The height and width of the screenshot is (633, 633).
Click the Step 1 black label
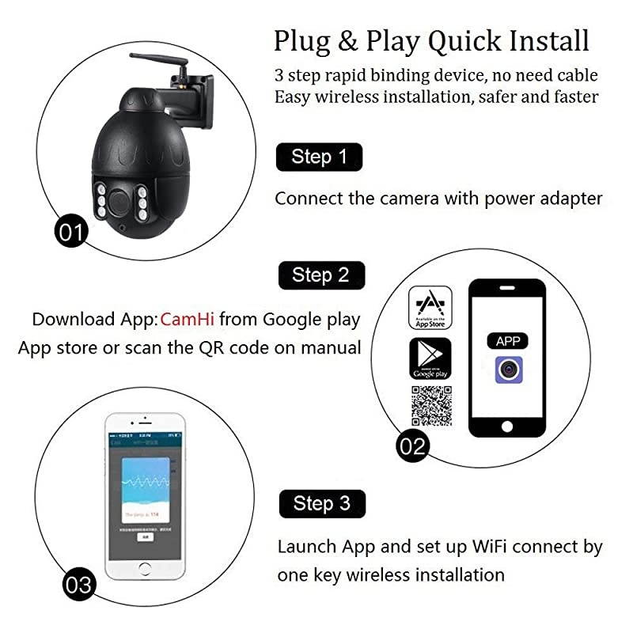(x=319, y=157)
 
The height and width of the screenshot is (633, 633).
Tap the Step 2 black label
(x=320, y=275)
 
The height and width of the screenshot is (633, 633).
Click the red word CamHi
(x=188, y=320)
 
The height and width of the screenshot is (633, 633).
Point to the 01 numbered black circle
(x=71, y=232)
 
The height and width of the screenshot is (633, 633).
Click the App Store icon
(x=430, y=309)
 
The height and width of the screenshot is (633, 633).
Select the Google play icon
(x=430, y=358)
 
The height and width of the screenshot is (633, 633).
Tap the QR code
(x=430, y=406)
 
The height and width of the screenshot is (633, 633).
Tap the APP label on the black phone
(x=507, y=341)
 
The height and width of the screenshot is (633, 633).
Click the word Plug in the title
(x=301, y=40)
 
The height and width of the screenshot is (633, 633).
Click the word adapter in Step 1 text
(x=569, y=198)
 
